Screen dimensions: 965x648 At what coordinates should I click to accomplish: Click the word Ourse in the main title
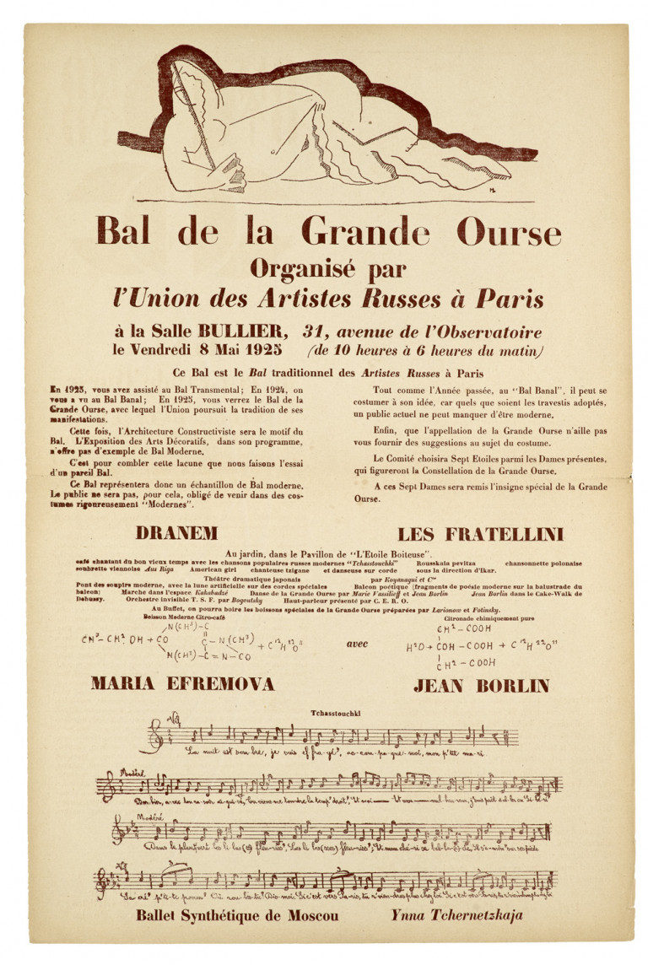click(x=509, y=231)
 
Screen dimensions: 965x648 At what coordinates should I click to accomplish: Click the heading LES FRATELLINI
click(x=480, y=534)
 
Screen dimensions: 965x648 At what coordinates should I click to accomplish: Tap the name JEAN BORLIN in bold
click(x=481, y=685)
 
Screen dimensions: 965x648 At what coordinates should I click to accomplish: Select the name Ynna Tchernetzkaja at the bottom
click(x=456, y=915)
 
